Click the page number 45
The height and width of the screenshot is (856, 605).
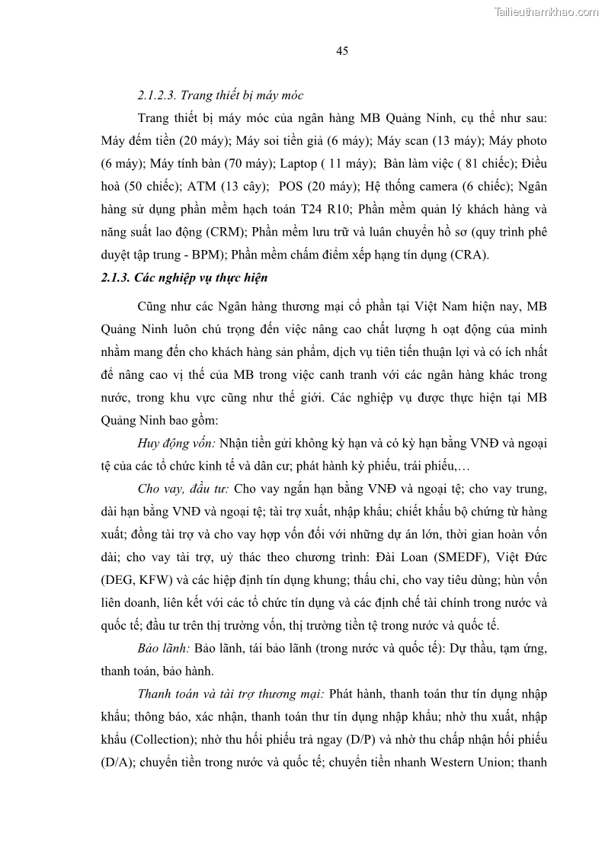341,51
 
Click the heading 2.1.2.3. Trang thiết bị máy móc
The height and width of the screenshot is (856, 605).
220,96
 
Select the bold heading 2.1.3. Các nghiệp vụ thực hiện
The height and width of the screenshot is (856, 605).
184,278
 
